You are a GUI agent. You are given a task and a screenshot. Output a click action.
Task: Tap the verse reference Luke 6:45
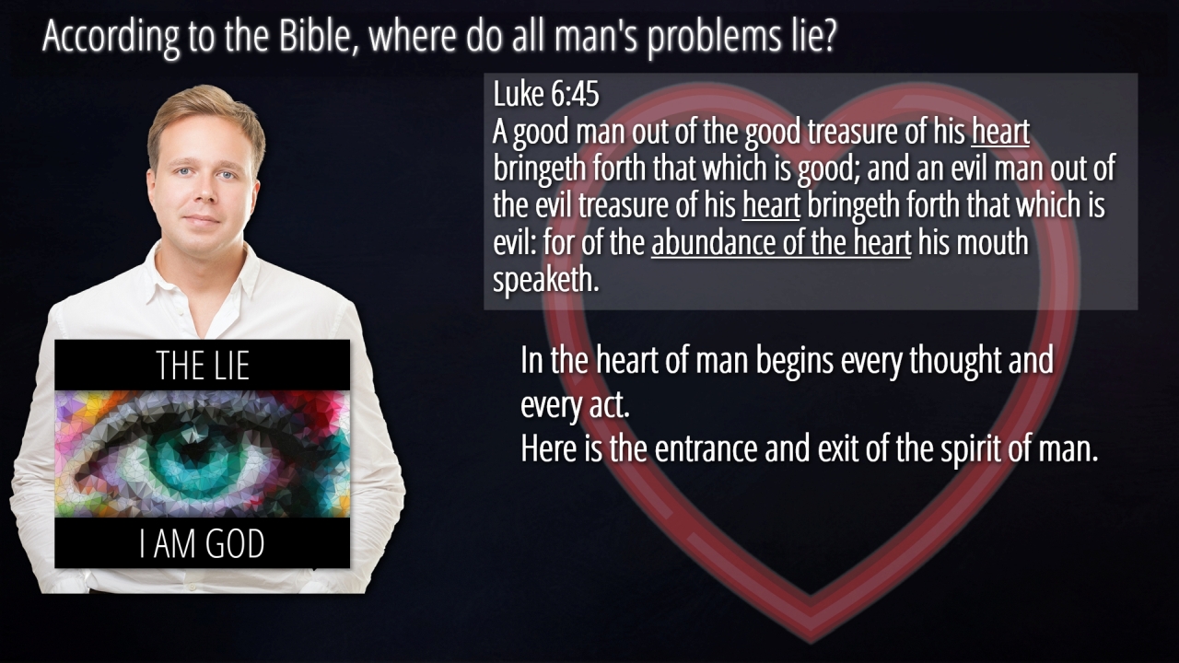(x=546, y=94)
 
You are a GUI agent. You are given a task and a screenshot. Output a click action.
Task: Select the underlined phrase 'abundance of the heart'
(x=781, y=242)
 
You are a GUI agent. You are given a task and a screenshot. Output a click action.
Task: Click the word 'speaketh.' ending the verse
(x=546, y=281)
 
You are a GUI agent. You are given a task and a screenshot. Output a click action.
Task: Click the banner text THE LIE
(x=203, y=366)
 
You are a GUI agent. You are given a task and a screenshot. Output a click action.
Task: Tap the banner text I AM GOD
(x=202, y=543)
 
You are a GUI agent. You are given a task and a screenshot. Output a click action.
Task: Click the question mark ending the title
(x=827, y=36)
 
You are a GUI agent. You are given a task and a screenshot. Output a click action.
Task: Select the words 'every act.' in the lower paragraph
(x=575, y=406)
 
